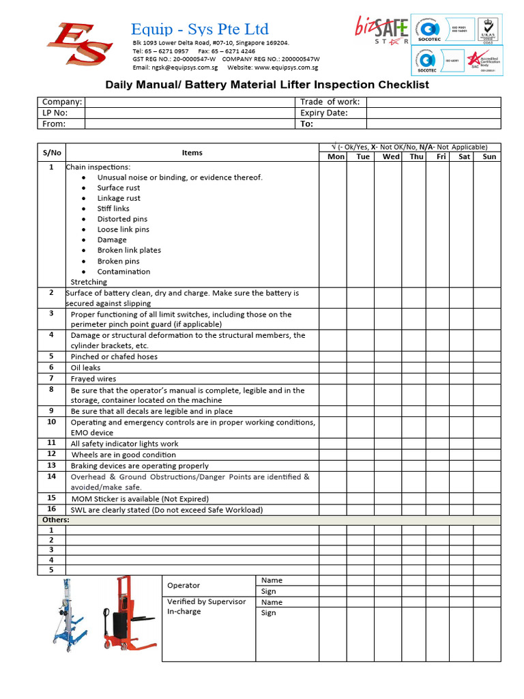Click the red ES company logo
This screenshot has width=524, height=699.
tap(76, 46)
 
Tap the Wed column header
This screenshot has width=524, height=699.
tap(391, 157)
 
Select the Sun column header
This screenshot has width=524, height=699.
tap(489, 157)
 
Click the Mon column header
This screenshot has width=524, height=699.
tap(336, 157)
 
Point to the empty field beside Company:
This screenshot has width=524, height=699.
tap(188, 102)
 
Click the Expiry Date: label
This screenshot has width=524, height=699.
tap(324, 113)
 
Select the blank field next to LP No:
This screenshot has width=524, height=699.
tap(188, 113)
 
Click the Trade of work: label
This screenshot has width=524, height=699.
tap(330, 102)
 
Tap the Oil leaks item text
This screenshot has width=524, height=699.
tap(85, 367)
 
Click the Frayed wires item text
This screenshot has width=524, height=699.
tap(93, 378)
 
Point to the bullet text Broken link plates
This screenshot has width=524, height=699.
tap(129, 251)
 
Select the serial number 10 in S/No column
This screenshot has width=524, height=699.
tap(51, 422)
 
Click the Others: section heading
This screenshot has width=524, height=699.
tap(55, 520)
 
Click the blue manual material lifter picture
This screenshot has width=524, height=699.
tap(67, 613)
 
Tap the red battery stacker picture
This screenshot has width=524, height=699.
tap(125, 613)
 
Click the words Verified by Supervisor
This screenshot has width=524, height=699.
tap(206, 601)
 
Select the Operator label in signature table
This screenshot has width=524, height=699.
tap(184, 585)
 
